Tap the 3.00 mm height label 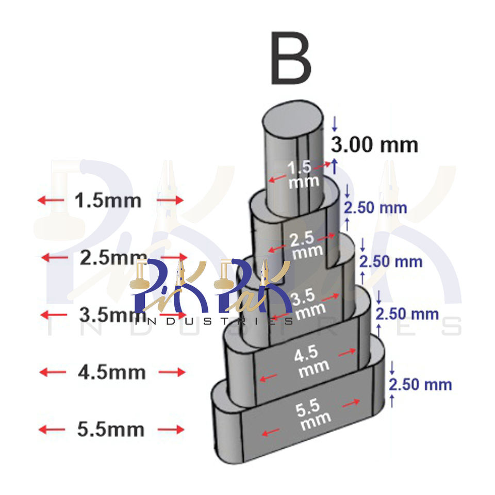[x=374, y=145]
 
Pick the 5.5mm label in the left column [x=111, y=429]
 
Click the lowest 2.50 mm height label [x=420, y=385]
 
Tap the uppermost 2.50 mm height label [x=375, y=208]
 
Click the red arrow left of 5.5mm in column [x=52, y=429]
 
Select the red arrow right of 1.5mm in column [x=170, y=200]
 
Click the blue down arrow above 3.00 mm [x=334, y=123]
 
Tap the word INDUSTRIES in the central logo [x=213, y=321]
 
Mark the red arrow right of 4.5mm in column [x=171, y=372]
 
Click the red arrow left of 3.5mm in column [x=54, y=314]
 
